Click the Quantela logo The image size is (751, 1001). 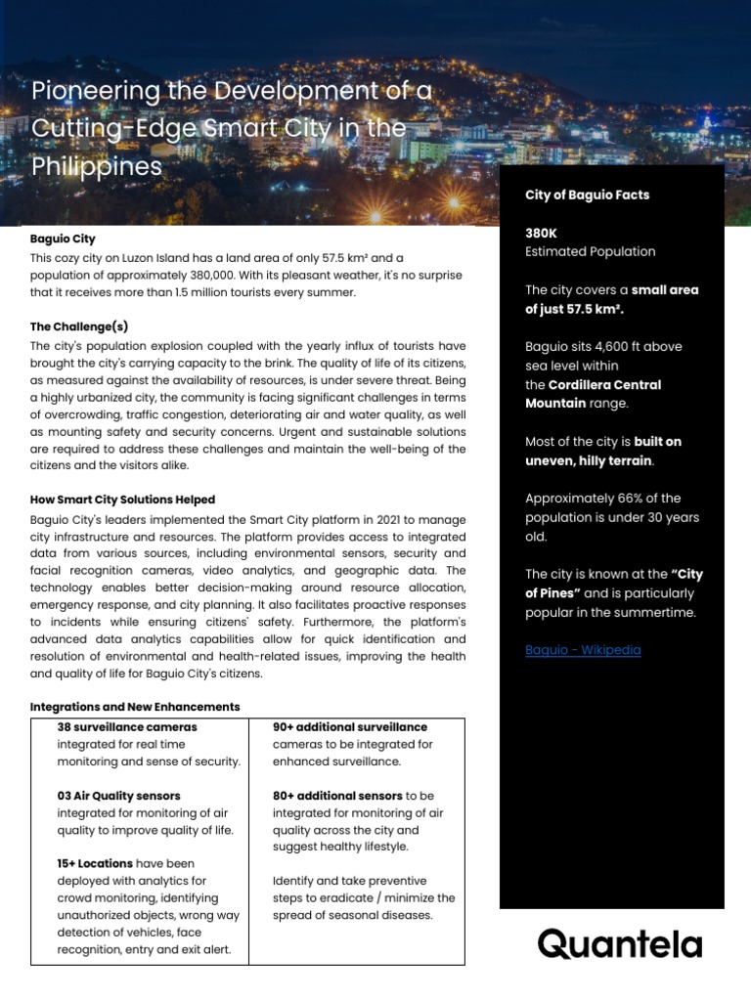619,944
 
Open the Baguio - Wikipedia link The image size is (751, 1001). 583,650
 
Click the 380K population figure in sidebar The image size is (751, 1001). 541,234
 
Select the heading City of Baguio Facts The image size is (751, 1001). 587,195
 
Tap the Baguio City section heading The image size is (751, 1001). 63,239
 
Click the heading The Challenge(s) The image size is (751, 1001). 79,326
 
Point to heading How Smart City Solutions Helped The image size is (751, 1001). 122,500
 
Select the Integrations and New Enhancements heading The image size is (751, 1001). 135,707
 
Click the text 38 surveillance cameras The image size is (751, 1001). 127,727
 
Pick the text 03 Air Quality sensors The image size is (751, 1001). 118,796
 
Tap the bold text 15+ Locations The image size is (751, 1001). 95,864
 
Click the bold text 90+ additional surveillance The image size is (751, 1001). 350,727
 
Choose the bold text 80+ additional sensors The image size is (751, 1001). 337,796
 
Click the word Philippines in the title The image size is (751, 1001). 97,166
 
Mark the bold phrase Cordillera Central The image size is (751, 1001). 604,385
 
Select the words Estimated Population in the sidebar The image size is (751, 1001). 590,252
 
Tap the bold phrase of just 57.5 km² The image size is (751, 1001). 574,309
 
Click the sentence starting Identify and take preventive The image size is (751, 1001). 364,898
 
